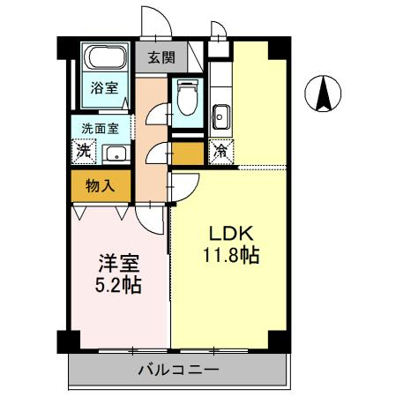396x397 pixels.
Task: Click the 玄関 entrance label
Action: click(160, 58)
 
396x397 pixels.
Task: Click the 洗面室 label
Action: click(100, 128)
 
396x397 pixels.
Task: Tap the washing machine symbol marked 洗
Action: click(83, 151)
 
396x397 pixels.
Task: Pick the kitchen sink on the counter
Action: click(220, 113)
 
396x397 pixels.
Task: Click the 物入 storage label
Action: click(100, 185)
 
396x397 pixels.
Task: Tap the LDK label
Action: click(231, 234)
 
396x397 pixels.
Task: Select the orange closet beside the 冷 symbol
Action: click(186, 153)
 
